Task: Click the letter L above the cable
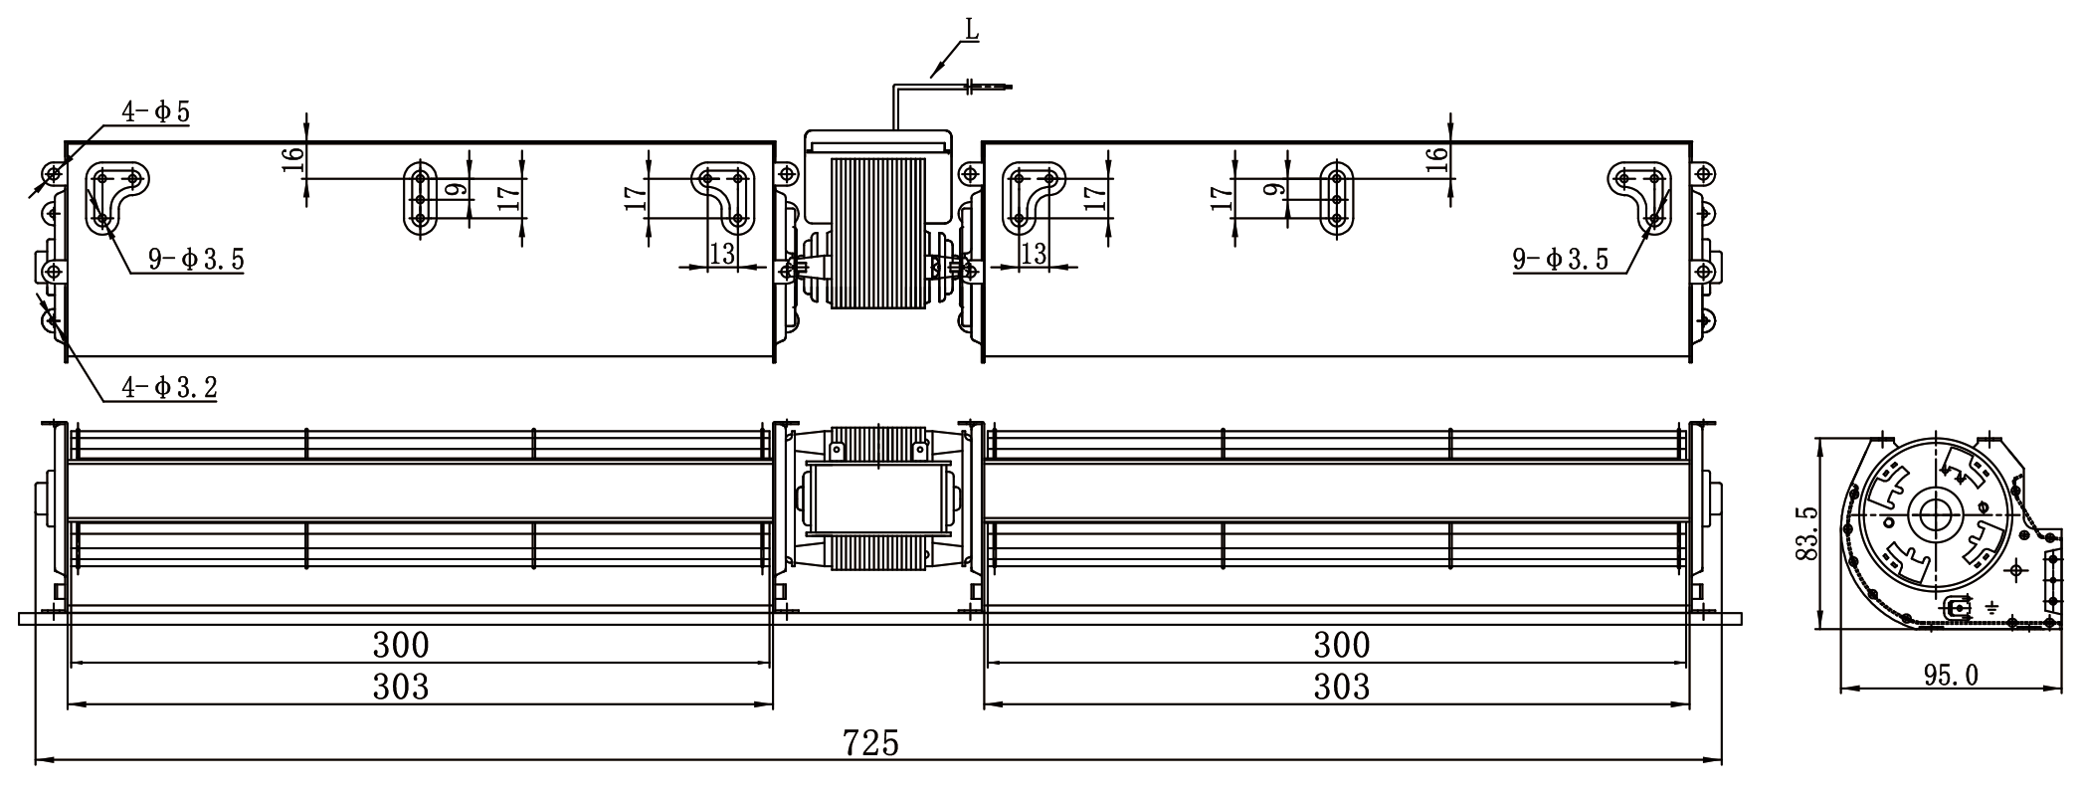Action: (x=972, y=29)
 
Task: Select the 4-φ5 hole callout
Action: (x=156, y=111)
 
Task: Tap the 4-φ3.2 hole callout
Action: (x=169, y=387)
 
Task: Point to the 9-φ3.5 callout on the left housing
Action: (x=197, y=261)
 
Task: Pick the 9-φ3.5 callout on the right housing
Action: (x=1561, y=260)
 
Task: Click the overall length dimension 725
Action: (x=870, y=742)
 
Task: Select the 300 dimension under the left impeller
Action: (x=401, y=645)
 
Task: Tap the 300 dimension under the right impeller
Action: (x=1342, y=645)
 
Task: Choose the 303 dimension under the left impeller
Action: (x=401, y=687)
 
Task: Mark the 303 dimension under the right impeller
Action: (x=1342, y=687)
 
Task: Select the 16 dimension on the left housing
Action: (x=292, y=159)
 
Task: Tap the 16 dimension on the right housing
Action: (x=1436, y=159)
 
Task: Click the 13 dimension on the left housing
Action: (x=722, y=254)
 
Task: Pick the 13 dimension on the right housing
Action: (x=1035, y=254)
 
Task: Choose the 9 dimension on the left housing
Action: (x=455, y=189)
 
